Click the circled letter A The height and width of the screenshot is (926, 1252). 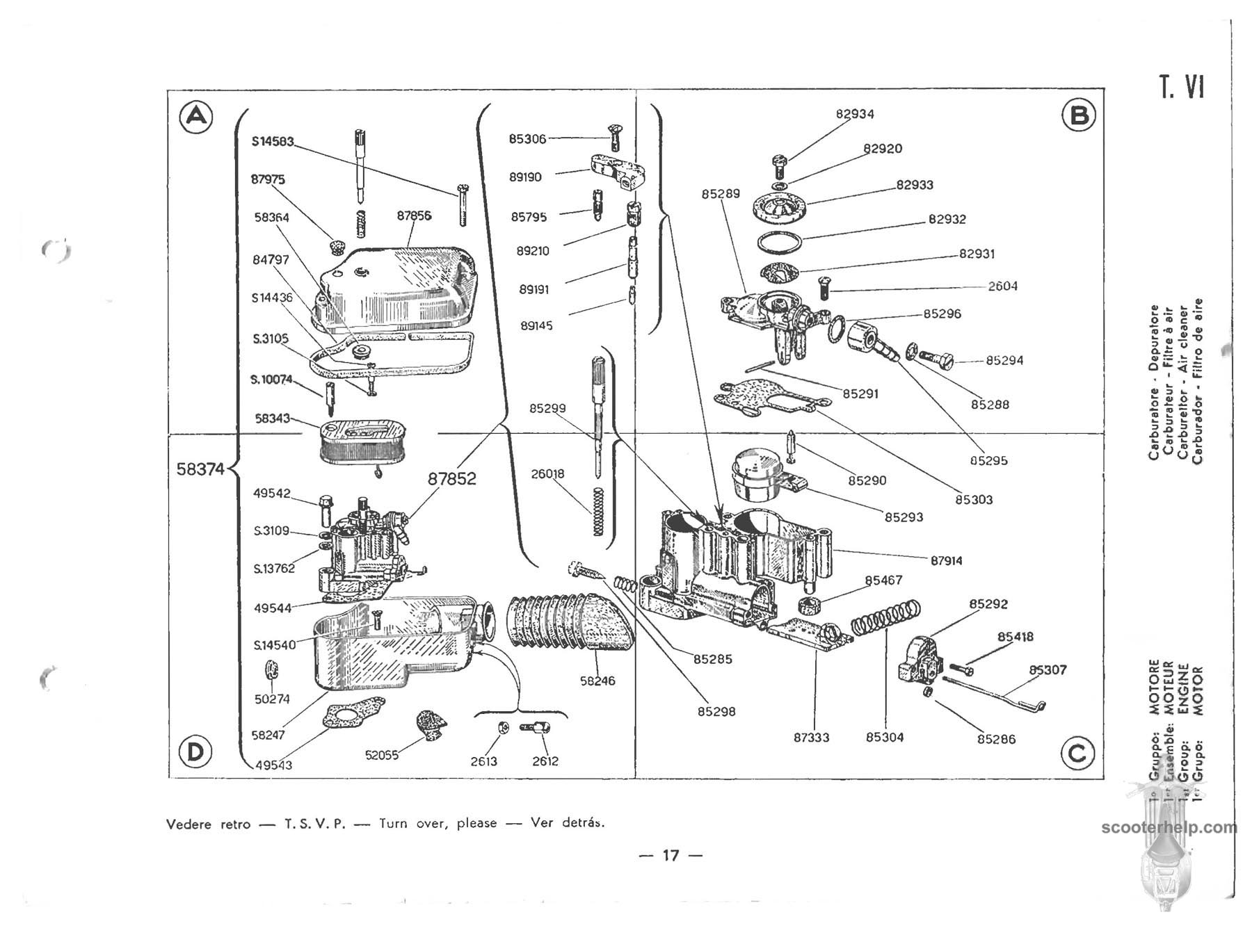click(197, 116)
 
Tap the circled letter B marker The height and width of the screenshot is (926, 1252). click(1079, 115)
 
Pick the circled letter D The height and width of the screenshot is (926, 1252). click(195, 752)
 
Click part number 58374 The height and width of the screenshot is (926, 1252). click(200, 469)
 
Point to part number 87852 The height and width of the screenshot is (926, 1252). click(451, 479)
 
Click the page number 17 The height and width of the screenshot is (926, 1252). click(671, 855)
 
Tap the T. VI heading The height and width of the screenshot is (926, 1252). click(1182, 88)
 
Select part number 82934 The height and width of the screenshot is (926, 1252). click(855, 114)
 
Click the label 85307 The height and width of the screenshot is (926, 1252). click(1048, 670)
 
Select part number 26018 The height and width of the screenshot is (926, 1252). click(547, 474)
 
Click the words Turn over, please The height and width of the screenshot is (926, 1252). click(438, 824)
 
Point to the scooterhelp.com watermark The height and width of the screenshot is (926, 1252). click(1169, 828)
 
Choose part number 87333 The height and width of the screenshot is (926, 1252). click(811, 737)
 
